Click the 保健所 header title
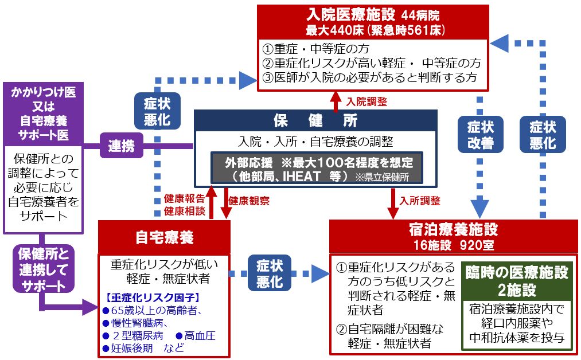(315, 121)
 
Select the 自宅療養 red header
(164, 237)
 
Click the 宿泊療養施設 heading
(453, 230)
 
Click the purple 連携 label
(122, 146)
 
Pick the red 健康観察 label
(249, 201)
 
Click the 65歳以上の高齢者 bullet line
(151, 310)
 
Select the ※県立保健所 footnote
(382, 177)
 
